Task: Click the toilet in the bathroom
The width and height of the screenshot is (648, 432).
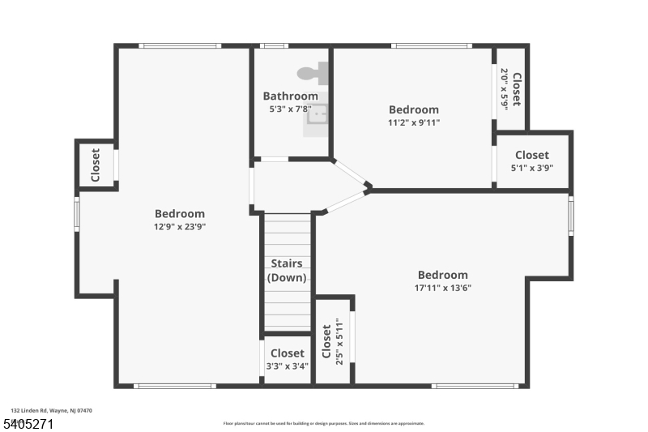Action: click(x=312, y=73)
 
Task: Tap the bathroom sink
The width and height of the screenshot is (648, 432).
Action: click(x=318, y=114)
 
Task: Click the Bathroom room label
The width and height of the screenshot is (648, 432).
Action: click(x=290, y=96)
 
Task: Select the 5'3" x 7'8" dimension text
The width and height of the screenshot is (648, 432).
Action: click(x=290, y=109)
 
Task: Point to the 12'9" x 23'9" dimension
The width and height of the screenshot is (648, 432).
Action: click(x=180, y=227)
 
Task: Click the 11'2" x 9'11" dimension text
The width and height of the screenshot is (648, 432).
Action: click(x=414, y=123)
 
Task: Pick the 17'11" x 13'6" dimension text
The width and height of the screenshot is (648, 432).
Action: click(x=443, y=288)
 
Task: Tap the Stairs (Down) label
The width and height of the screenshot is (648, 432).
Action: click(x=287, y=271)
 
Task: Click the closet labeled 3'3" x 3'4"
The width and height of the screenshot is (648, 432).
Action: click(x=287, y=359)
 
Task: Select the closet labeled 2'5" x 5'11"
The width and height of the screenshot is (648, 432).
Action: click(x=333, y=341)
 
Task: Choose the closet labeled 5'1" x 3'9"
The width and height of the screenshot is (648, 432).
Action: click(x=531, y=160)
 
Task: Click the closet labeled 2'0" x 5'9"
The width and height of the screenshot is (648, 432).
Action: click(x=510, y=88)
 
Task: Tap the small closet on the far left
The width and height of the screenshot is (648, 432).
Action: click(x=96, y=165)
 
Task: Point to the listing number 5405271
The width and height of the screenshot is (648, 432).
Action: click(x=28, y=424)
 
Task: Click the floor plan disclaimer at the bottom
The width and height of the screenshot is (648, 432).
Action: click(x=323, y=423)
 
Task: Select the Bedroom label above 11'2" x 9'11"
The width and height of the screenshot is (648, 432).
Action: click(x=414, y=110)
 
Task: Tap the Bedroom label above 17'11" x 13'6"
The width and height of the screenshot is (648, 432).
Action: click(x=443, y=275)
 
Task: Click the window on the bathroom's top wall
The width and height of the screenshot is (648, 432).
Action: click(x=274, y=46)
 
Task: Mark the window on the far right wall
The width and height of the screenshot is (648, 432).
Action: click(x=571, y=216)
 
